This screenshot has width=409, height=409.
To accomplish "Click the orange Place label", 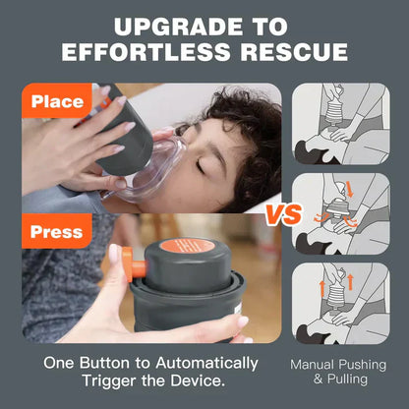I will [x=57, y=100].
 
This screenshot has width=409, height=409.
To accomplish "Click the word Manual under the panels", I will [x=317, y=363].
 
